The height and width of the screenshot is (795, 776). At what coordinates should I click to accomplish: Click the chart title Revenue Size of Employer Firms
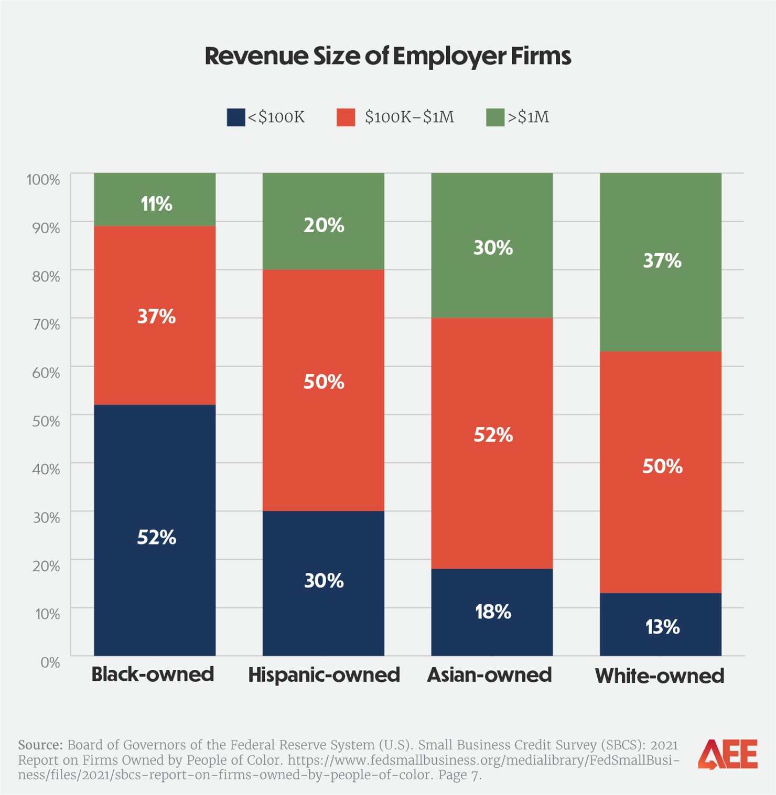387,56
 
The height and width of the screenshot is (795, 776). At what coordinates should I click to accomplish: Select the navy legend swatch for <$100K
235,117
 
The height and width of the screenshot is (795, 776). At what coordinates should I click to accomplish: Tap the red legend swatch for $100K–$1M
346,117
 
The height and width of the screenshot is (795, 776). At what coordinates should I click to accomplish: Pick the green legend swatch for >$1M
495,117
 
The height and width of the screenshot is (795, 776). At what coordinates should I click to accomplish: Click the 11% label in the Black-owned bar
156,204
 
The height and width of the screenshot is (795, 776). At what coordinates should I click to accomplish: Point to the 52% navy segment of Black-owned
155,529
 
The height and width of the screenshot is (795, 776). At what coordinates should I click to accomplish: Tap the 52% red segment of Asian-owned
492,443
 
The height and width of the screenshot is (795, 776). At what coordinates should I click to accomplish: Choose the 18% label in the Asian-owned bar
493,612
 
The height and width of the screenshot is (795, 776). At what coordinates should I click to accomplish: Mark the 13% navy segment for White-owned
661,624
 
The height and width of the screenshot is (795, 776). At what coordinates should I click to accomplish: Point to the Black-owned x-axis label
153,674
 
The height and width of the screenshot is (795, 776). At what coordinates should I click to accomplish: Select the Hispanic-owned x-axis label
324,675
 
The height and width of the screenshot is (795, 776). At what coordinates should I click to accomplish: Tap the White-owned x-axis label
660,676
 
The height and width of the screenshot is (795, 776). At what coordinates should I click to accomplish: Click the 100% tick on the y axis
44,180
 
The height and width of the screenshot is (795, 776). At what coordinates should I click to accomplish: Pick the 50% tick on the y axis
46,421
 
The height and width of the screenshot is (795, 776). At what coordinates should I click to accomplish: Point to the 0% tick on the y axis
50,662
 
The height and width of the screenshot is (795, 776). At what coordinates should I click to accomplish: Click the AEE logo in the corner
728,755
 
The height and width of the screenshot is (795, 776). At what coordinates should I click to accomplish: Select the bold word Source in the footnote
40,745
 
